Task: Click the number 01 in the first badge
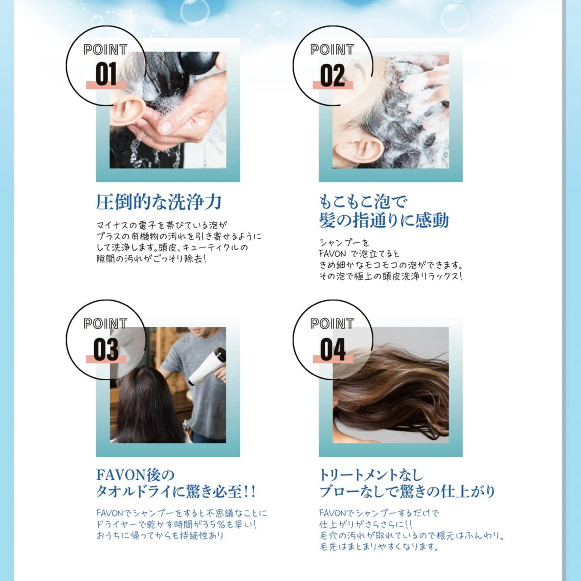[106, 75]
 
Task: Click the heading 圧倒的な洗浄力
[159, 202]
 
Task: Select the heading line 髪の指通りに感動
[384, 220]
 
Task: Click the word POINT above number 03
[105, 324]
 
